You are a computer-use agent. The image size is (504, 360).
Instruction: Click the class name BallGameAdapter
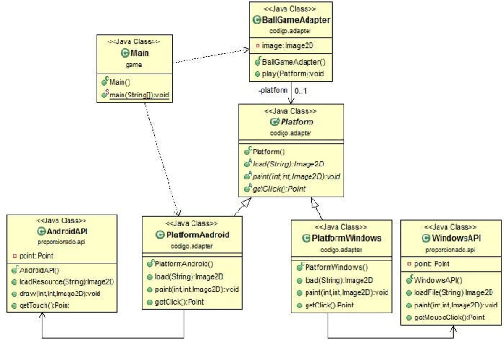coord(296,20)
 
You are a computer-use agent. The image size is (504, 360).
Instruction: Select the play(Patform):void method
coord(292,74)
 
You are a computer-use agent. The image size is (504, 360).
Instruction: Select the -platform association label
coord(273,90)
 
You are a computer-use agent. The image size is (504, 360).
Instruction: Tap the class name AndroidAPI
coord(68,231)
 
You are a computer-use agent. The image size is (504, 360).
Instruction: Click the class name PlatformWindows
coord(346,238)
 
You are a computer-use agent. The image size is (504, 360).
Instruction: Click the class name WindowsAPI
coord(456,239)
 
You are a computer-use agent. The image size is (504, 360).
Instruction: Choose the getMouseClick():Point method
coord(449,317)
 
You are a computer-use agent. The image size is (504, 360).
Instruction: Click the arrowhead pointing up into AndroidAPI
coord(42,315)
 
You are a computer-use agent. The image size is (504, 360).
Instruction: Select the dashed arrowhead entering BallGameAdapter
coord(247,50)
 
